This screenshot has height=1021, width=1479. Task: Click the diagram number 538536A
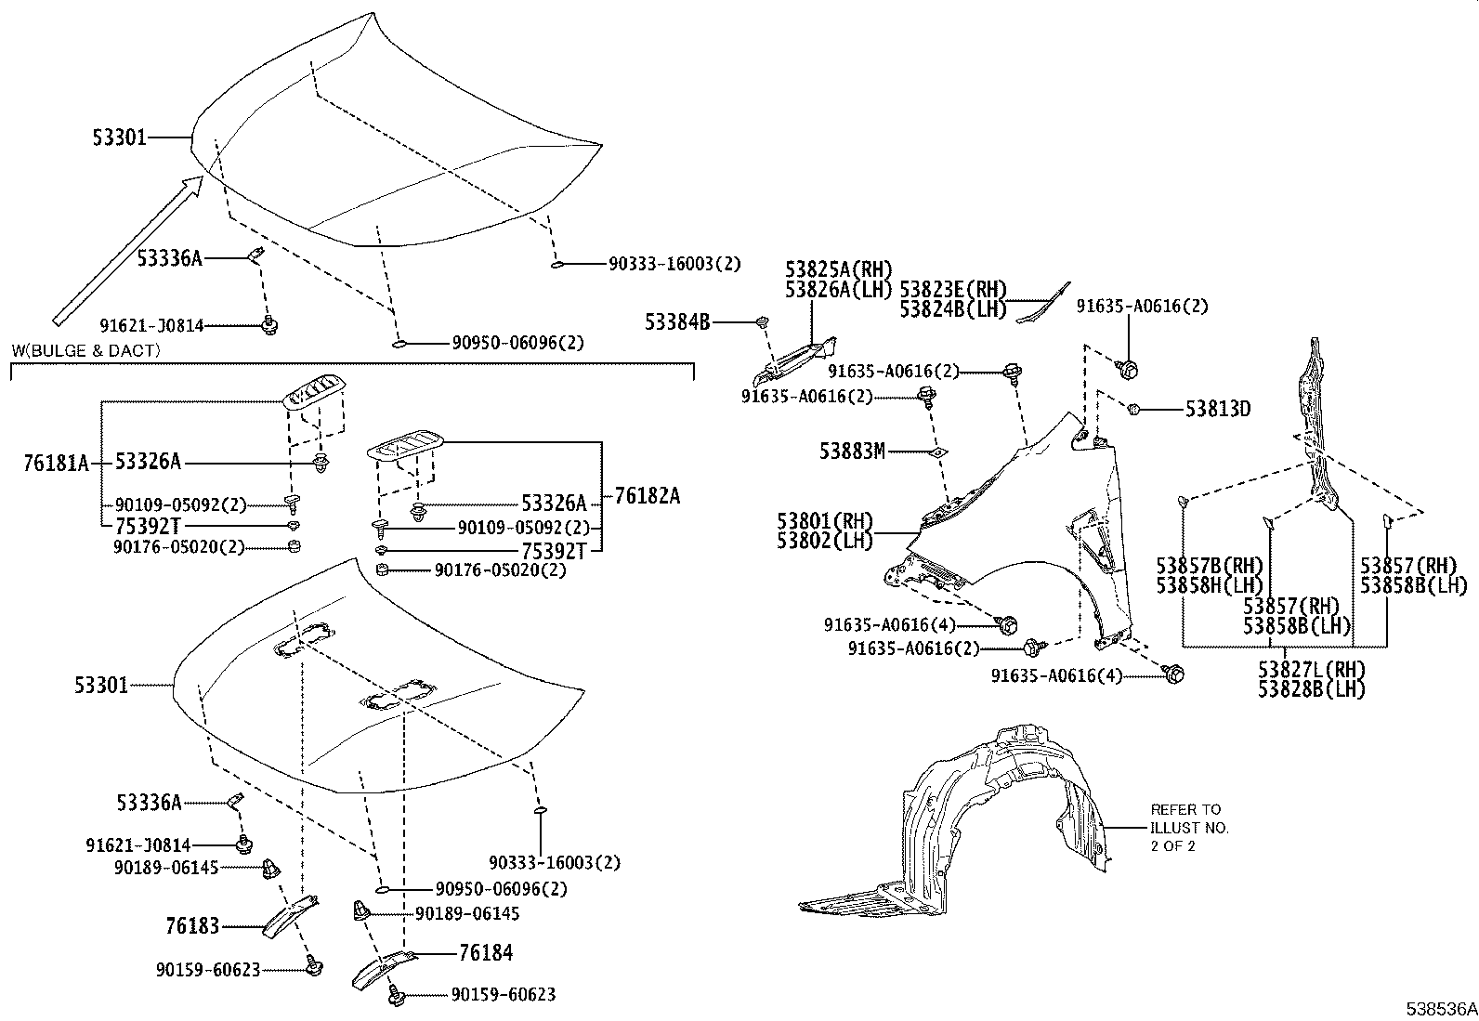tap(1440, 1008)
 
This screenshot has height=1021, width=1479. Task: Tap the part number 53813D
tap(1217, 409)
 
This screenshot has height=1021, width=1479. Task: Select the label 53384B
tap(677, 322)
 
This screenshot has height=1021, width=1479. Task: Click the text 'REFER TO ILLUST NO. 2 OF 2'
tap(1189, 827)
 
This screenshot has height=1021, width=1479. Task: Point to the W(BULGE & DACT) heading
tap(85, 350)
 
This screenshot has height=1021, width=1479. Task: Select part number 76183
tap(192, 925)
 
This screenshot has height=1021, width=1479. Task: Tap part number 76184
tap(485, 952)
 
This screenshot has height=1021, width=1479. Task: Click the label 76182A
tap(647, 496)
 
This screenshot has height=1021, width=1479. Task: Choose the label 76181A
tap(56, 463)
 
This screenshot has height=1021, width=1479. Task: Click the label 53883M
tap(852, 451)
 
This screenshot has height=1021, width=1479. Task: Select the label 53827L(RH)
tap(1312, 669)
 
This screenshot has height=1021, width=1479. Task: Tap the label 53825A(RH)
tap(838, 269)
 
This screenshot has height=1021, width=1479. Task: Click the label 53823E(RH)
tap(953, 290)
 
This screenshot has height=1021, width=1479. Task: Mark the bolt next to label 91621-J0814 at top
tap(270, 324)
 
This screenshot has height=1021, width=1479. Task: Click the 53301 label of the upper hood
tap(119, 137)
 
